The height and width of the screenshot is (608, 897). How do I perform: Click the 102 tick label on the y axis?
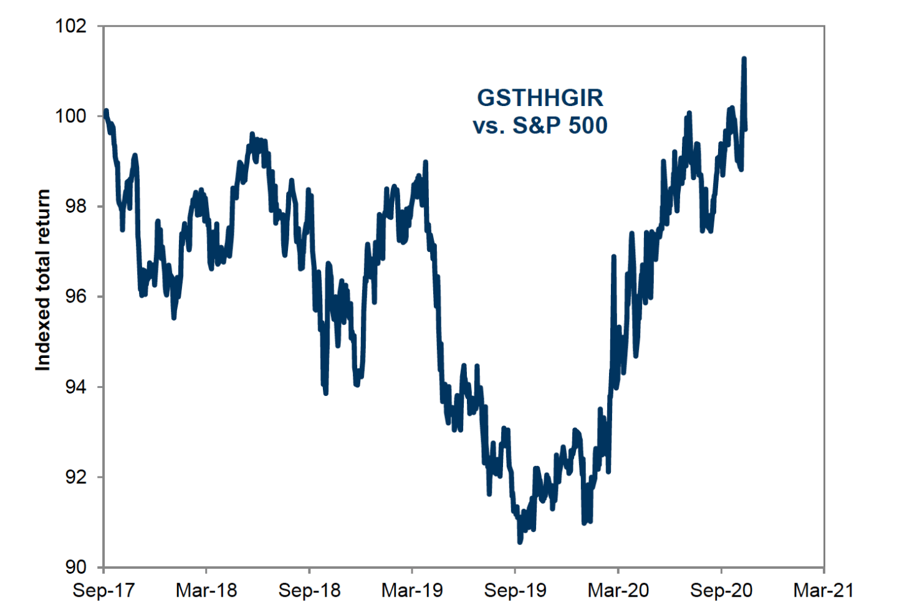[x=70, y=26]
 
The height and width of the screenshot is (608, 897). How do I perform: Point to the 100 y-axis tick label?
[x=70, y=116]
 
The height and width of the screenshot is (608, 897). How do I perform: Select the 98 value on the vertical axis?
[x=75, y=206]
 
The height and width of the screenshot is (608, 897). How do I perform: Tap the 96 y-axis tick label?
[x=75, y=296]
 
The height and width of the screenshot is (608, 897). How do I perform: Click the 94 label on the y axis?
[x=75, y=387]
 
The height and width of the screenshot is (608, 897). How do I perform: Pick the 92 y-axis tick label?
[x=75, y=477]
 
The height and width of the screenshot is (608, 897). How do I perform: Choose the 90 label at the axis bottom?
[x=75, y=567]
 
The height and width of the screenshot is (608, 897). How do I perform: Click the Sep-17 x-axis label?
[x=103, y=590]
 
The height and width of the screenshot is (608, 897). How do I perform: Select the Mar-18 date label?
[x=206, y=590]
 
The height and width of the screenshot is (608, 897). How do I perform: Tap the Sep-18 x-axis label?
[x=309, y=590]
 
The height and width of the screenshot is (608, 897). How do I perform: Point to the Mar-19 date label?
[x=412, y=590]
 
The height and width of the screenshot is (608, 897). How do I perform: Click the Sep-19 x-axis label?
[x=515, y=590]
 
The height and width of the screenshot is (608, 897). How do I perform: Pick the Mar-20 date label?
[x=618, y=590]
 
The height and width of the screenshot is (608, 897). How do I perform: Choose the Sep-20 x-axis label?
[x=721, y=590]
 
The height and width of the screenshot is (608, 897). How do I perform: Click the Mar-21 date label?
[x=823, y=590]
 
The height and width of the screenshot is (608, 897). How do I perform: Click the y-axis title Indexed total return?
[x=42, y=281]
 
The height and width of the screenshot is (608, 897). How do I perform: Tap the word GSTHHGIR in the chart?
[x=540, y=98]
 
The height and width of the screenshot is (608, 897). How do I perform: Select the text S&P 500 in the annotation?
[x=559, y=125]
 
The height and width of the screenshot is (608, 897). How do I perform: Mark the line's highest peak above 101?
[x=744, y=59]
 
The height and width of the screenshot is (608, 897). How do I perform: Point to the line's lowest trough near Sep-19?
[x=520, y=542]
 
